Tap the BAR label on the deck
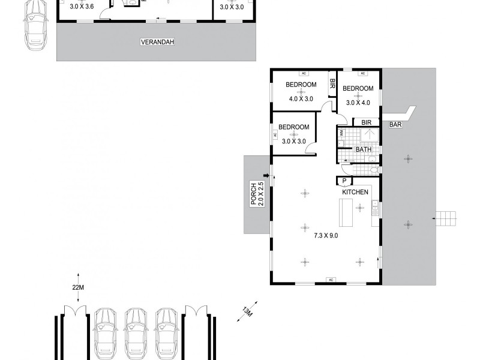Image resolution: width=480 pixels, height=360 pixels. pyautogui.click(x=395, y=125)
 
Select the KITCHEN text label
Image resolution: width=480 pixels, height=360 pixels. pyautogui.click(x=355, y=192)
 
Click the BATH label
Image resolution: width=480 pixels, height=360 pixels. pyautogui.click(x=363, y=149)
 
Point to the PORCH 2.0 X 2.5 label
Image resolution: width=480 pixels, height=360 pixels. pyautogui.click(x=256, y=194)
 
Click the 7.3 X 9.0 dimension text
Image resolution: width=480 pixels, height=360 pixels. pyautogui.click(x=326, y=235)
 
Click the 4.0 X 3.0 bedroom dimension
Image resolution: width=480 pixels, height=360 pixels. pyautogui.click(x=301, y=99)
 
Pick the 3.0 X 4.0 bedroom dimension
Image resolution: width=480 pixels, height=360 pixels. pyautogui.click(x=358, y=102)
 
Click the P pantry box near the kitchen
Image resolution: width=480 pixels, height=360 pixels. pyautogui.click(x=344, y=181)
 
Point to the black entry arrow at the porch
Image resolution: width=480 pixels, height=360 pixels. pyautogui.click(x=267, y=176)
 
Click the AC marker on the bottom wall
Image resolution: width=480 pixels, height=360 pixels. pyautogui.click(x=329, y=280)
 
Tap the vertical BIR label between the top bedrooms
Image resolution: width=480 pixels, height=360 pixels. pyautogui.click(x=332, y=85)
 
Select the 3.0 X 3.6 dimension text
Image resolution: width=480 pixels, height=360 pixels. pyautogui.click(x=82, y=7)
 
